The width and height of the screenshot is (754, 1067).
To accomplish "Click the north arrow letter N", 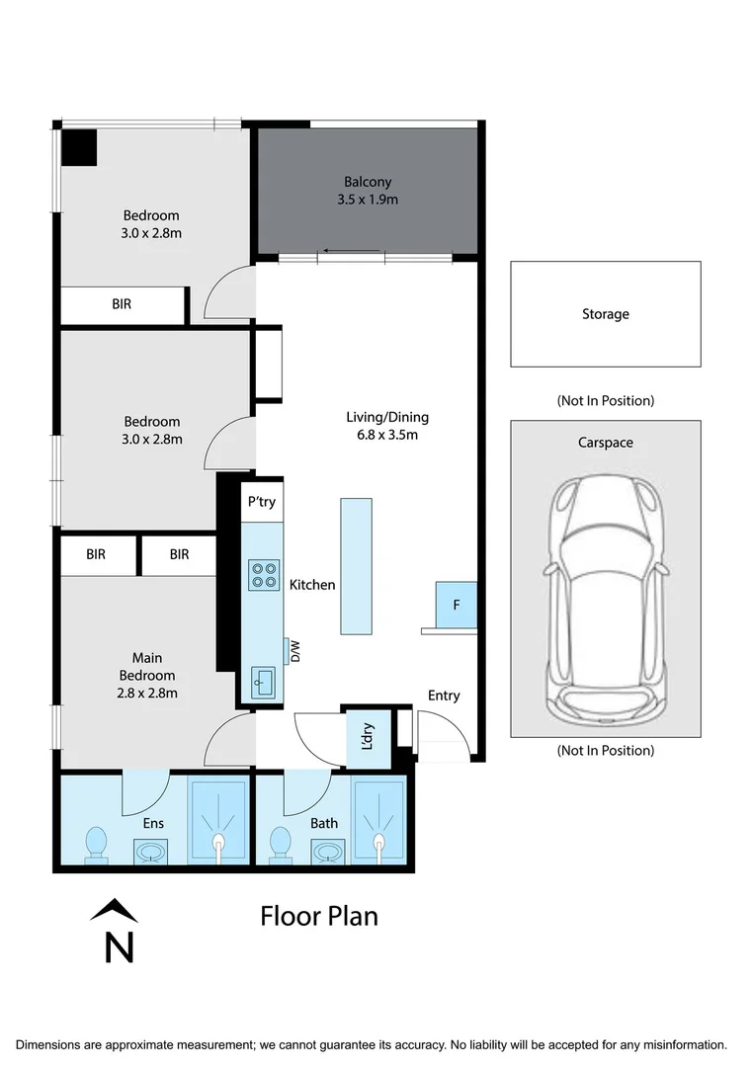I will [x=119, y=946].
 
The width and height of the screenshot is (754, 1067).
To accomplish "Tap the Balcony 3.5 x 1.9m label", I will [x=368, y=191].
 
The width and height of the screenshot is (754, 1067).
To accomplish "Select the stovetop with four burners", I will [x=263, y=574].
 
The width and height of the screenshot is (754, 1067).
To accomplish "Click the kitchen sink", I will [x=263, y=681].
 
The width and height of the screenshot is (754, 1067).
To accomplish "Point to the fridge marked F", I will [x=457, y=605].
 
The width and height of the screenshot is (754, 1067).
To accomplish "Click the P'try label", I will [x=261, y=502].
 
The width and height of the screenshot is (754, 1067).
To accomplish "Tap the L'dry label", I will [x=367, y=738].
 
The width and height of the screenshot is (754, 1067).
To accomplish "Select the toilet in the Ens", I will [x=96, y=845].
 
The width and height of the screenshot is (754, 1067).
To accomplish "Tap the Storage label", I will [x=605, y=314].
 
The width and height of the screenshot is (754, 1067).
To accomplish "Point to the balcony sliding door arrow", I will [x=352, y=251].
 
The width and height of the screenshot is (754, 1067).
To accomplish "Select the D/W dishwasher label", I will [x=294, y=651].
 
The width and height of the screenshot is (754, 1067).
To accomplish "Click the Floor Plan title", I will [x=319, y=916].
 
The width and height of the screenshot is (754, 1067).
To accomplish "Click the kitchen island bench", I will [x=356, y=566].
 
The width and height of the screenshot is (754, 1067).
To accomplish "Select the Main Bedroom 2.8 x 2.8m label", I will [x=147, y=675].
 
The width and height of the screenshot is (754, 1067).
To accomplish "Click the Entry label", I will [x=444, y=696].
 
